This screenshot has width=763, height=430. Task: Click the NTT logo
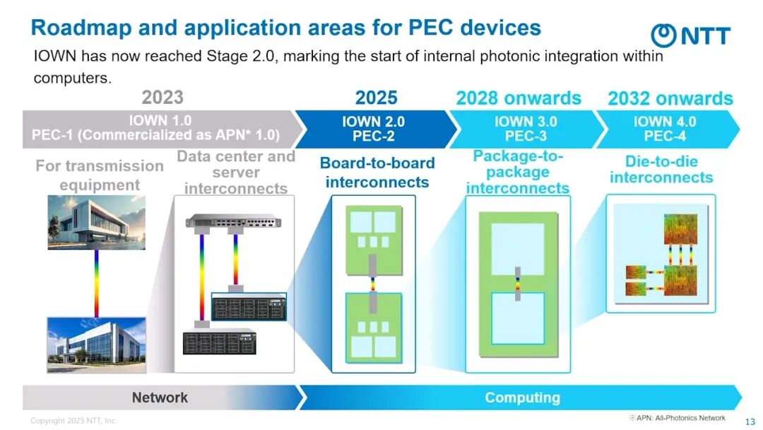pyautogui.click(x=690, y=35)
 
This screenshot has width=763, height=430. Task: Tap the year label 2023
pyautogui.click(x=162, y=97)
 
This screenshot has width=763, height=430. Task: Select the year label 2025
pyautogui.click(x=376, y=97)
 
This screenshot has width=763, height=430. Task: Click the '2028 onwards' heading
pyautogui.click(x=519, y=98)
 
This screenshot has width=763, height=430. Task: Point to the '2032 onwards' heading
pyautogui.click(x=670, y=98)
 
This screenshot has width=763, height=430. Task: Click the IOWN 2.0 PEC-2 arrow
pyautogui.click(x=373, y=129)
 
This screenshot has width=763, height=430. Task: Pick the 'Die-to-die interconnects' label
pyautogui.click(x=661, y=170)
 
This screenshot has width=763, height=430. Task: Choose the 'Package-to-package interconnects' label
pyautogui.click(x=518, y=172)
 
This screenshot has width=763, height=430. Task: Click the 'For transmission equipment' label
pyautogui.click(x=99, y=175)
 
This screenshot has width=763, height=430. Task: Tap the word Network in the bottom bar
pyautogui.click(x=160, y=397)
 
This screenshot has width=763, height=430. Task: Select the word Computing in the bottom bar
pyautogui.click(x=522, y=397)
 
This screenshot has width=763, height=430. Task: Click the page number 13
pyautogui.click(x=750, y=422)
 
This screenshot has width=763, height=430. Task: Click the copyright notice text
pyautogui.click(x=73, y=421)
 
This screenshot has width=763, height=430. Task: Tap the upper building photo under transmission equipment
pyautogui.click(x=96, y=222)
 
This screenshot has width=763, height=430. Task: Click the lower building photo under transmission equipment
pyautogui.click(x=96, y=344)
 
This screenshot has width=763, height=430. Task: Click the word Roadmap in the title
pyautogui.click(x=80, y=28)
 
